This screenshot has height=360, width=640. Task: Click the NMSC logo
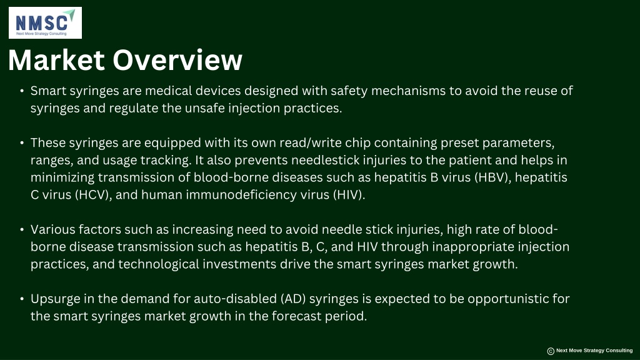click(x=45, y=23)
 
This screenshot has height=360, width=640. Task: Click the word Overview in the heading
click(x=177, y=60)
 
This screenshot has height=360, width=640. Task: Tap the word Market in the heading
click(x=56, y=60)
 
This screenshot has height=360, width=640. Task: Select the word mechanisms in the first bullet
click(x=408, y=91)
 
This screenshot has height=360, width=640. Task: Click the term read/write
click(x=310, y=143)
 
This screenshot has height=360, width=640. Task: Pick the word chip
click(x=358, y=143)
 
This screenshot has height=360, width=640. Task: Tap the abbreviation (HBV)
click(x=492, y=177)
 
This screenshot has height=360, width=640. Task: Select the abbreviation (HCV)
click(x=94, y=195)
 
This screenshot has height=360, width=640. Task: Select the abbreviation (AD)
click(x=294, y=299)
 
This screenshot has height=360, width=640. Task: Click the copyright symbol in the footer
click(x=551, y=351)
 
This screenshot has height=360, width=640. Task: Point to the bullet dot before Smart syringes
click(x=22, y=91)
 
